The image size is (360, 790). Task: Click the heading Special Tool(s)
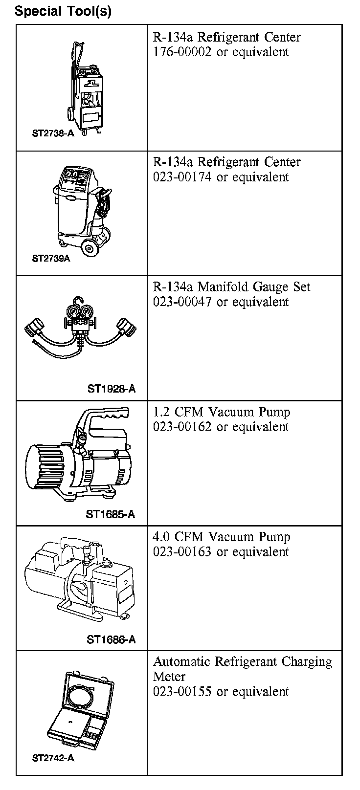(x=63, y=11)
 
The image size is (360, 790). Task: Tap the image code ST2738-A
(x=53, y=133)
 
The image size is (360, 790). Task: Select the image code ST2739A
(x=51, y=259)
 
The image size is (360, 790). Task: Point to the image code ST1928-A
(x=111, y=389)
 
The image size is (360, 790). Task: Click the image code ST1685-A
(x=110, y=514)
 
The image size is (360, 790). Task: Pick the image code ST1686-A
(x=111, y=639)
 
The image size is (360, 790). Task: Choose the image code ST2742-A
(x=53, y=758)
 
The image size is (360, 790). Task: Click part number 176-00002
(x=182, y=52)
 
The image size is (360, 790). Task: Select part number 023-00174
(x=182, y=177)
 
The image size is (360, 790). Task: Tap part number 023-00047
(x=182, y=302)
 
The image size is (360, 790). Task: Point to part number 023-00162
(x=182, y=427)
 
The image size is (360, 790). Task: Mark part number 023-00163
(x=182, y=552)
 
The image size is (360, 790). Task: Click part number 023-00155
(x=182, y=692)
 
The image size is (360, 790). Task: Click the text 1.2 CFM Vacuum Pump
(x=222, y=412)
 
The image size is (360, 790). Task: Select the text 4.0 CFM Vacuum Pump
(x=222, y=537)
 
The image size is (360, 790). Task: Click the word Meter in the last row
(x=169, y=677)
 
